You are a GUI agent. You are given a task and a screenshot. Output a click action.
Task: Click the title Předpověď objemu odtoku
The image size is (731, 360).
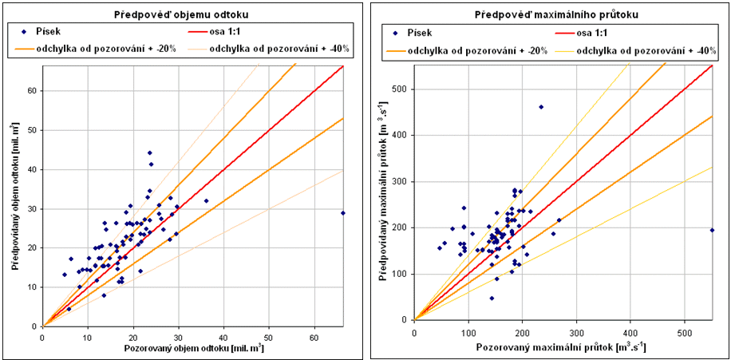click(x=181, y=14)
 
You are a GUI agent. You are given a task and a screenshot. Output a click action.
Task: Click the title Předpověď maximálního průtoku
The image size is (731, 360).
click(x=550, y=14)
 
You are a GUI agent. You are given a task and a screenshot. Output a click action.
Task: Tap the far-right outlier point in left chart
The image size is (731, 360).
click(x=343, y=213)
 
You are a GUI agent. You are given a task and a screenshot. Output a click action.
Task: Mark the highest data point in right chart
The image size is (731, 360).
click(x=541, y=107)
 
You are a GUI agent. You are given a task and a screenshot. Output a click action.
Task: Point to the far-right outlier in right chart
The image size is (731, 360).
click(x=712, y=230)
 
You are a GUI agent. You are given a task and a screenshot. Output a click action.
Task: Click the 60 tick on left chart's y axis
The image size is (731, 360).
click(x=33, y=90)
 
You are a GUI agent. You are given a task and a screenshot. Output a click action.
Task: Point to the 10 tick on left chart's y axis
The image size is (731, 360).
click(x=33, y=287)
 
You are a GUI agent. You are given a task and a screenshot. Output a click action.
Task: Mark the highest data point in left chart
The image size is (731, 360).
click(x=149, y=152)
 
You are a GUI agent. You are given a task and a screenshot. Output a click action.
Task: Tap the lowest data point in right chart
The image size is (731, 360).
click(x=492, y=298)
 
